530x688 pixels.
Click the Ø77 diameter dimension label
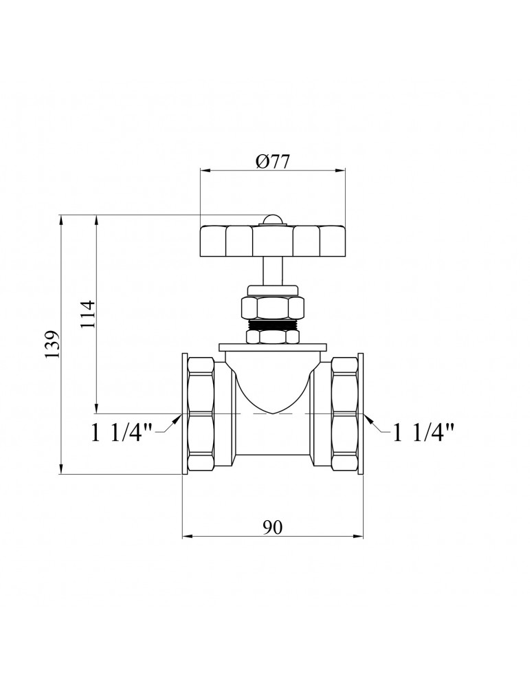(273, 162)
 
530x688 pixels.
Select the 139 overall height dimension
(52, 345)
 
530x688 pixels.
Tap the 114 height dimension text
(88, 314)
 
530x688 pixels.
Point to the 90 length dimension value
(273, 527)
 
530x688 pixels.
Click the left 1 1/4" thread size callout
(120, 433)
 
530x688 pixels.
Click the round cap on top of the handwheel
(273, 220)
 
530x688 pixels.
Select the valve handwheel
(273, 241)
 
